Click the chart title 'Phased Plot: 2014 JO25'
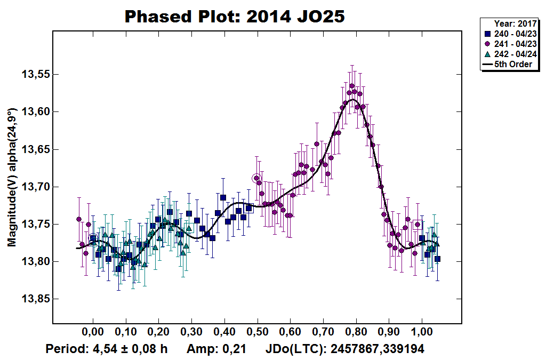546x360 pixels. point(235,17)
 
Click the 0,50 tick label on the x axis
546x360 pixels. point(258,332)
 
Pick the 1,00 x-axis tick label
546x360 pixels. point(422,332)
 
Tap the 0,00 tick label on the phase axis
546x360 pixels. point(93,332)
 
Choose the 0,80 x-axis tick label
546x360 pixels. point(356,332)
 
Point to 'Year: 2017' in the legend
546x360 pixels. point(515,23)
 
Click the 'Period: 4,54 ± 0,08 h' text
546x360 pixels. point(107,349)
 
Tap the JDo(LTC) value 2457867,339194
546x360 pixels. point(377,349)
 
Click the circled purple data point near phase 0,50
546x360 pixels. point(257,178)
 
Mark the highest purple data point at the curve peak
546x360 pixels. point(352,86)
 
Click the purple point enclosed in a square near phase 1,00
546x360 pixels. point(418,225)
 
